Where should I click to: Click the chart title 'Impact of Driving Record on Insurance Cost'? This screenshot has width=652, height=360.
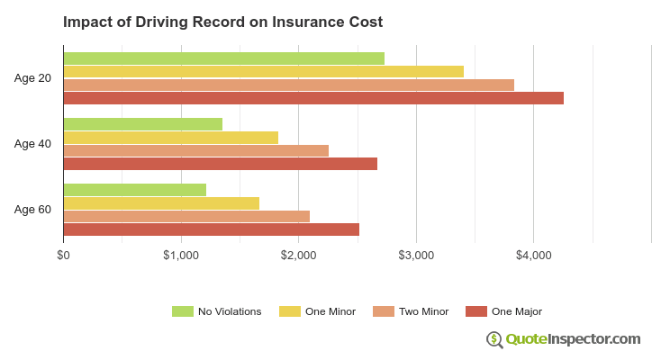[x=222, y=22]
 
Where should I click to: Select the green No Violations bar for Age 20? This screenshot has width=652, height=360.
[x=223, y=58]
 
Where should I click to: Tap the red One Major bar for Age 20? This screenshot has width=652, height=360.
[x=313, y=98]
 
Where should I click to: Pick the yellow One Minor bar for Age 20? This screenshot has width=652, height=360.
[x=263, y=71]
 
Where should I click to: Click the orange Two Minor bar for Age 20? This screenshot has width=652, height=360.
[x=288, y=85]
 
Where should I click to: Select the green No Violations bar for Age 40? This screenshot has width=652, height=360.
[x=142, y=124]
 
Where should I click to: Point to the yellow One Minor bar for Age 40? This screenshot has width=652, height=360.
[x=170, y=137]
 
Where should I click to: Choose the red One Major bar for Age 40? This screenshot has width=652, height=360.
[x=220, y=164]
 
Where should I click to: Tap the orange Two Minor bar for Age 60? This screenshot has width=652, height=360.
[x=186, y=216]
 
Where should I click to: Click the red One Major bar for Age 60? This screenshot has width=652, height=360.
[x=211, y=229]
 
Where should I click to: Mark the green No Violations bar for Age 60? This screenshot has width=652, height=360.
[x=134, y=190]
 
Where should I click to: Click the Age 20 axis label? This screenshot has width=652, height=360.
[x=32, y=78]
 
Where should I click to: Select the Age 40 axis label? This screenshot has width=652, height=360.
[x=32, y=144]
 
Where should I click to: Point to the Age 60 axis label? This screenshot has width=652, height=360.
[x=32, y=210]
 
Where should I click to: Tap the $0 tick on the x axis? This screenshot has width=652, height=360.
[x=63, y=256]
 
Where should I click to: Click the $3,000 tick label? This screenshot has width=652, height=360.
[x=416, y=256]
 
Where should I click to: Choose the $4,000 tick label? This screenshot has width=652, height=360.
[x=533, y=256]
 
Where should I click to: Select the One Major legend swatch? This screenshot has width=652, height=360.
[x=475, y=311]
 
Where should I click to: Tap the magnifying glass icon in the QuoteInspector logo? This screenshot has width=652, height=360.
[x=494, y=339]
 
